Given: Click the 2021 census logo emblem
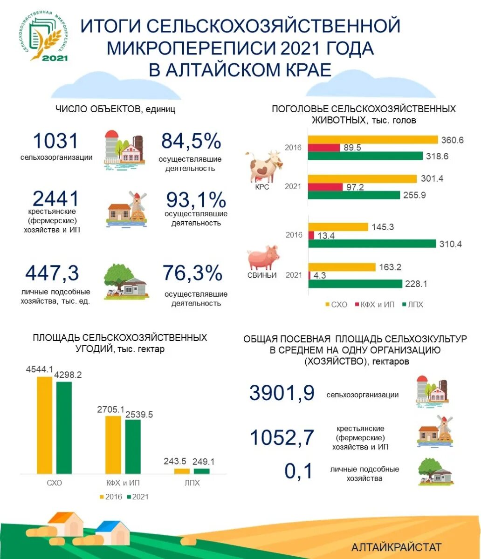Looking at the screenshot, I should pyautogui.click(x=46, y=37).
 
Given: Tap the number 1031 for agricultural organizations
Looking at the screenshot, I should pyautogui.click(x=55, y=141).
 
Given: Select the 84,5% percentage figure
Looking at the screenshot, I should pyautogui.click(x=191, y=141).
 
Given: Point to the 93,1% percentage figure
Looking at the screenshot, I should pyautogui.click(x=196, y=200).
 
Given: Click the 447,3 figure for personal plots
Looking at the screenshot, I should pyautogui.click(x=52, y=273).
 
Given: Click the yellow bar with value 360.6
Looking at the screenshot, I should pyautogui.click(x=373, y=140).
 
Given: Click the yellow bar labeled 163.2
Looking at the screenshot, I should pyautogui.click(x=342, y=267).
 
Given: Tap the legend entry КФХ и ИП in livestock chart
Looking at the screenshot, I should pyautogui.click(x=376, y=304).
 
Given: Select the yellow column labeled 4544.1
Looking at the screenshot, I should pyautogui.click(x=45, y=425).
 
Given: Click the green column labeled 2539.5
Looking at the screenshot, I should pyautogui.click(x=133, y=446).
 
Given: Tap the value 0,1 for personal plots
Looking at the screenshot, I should pyautogui.click(x=299, y=471).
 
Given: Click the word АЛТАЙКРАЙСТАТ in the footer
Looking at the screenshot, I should pyautogui.click(x=396, y=547).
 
